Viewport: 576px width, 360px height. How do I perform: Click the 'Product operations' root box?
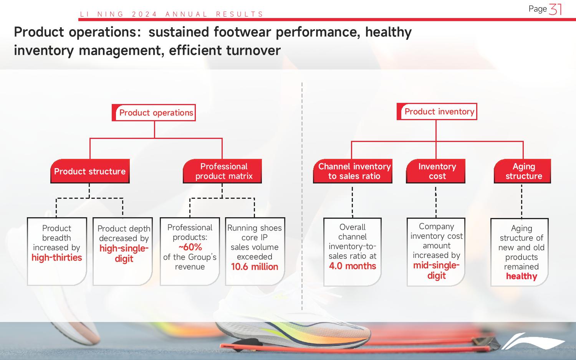[154, 112]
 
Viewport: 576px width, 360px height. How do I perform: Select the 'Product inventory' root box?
[437, 112]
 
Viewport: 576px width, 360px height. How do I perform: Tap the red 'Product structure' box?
[90, 171]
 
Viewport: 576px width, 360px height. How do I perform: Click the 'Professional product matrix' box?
[222, 171]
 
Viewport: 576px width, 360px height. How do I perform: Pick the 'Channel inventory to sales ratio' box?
[353, 171]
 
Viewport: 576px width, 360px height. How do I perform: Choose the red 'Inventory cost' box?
[435, 171]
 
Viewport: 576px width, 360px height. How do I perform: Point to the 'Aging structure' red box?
[522, 171]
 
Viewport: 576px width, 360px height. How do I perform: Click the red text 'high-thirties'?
[56, 258]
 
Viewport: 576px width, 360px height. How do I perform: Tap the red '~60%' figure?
[190, 247]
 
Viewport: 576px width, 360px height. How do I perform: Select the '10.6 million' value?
[255, 267]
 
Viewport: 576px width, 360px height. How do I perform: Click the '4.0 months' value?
[353, 266]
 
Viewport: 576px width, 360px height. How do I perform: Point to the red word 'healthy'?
[522, 276]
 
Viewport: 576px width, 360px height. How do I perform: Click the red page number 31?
[555, 9]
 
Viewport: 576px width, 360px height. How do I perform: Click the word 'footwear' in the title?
[242, 32]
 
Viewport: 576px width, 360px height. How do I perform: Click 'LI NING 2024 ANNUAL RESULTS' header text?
[172, 14]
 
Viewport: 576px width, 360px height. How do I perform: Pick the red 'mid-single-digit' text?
[436, 270]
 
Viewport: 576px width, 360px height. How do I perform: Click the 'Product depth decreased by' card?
[122, 251]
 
